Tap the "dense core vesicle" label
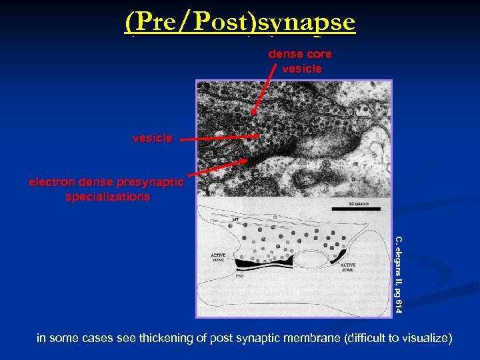coord(299,61)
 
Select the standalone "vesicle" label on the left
coord(152,138)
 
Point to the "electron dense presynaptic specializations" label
coord(107,189)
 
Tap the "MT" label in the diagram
coord(235,219)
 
